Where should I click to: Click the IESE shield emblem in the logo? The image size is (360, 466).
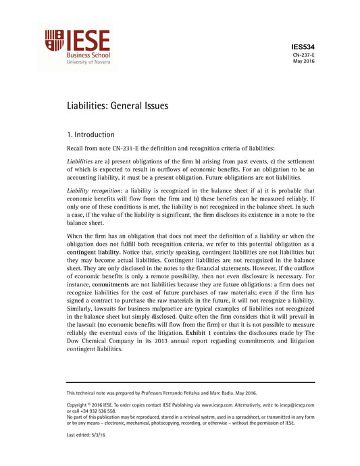55,41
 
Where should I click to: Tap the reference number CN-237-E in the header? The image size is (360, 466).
305,55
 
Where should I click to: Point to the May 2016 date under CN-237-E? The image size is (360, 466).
305,61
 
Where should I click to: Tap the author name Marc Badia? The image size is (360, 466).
228,392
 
